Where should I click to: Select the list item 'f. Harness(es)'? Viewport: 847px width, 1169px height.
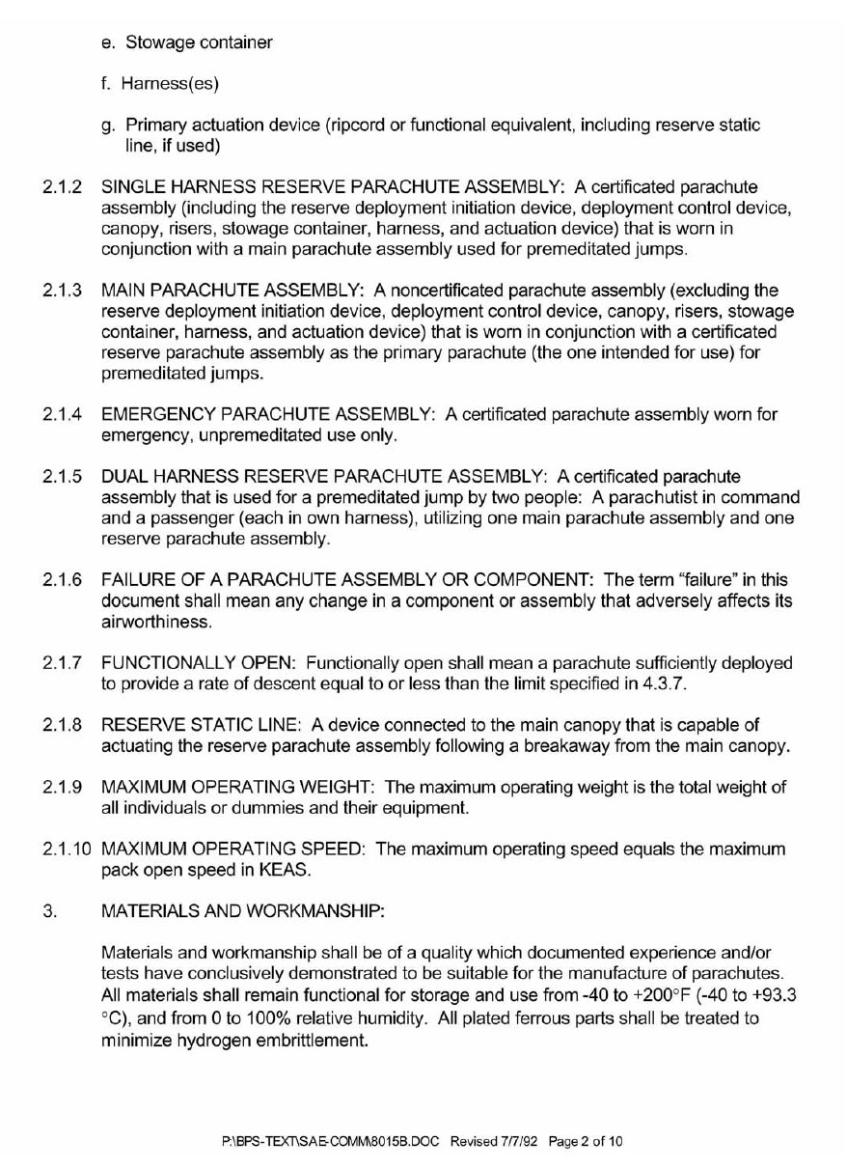(x=160, y=84)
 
